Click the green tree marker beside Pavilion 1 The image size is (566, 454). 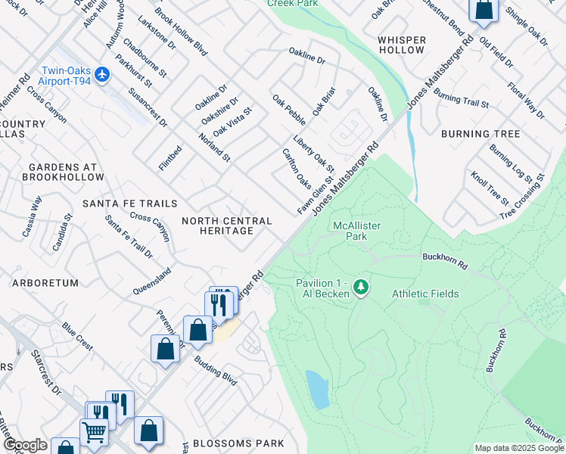[x=362, y=287]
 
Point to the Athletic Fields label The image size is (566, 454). [x=424, y=294]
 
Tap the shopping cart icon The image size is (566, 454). [x=94, y=433]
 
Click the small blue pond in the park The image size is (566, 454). [x=317, y=389]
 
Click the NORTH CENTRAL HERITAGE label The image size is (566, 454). [x=227, y=225]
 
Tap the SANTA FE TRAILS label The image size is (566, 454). [x=129, y=204]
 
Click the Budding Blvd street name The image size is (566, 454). [x=215, y=372]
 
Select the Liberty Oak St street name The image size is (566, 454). [x=313, y=153]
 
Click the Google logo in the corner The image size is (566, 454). [x=24, y=446]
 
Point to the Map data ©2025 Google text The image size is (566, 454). [x=519, y=448]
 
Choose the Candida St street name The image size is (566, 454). [x=64, y=226]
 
